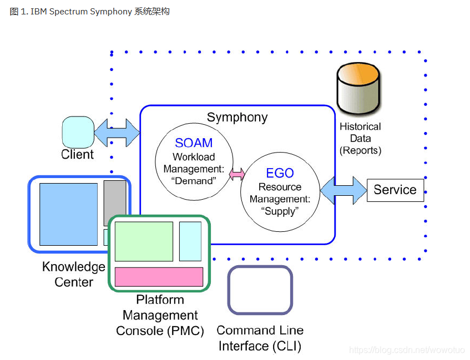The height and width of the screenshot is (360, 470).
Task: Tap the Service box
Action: click(395, 190)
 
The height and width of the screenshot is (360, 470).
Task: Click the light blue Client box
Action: click(78, 132)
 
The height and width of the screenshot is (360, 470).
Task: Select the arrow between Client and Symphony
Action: click(117, 133)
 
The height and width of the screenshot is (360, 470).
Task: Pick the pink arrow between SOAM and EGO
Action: click(237, 174)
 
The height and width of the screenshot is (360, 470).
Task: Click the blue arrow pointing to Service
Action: click(343, 190)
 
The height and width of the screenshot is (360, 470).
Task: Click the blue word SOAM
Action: click(194, 143)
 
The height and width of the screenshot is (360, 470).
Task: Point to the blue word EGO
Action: click(280, 173)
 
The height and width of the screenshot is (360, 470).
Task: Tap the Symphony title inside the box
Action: click(237, 118)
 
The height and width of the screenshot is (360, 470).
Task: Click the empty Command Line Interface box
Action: click(260, 290)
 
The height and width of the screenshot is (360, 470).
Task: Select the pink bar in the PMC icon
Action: click(159, 277)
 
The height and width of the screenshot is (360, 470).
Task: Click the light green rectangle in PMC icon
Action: click(144, 241)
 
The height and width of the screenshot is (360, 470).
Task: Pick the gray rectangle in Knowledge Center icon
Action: click(115, 202)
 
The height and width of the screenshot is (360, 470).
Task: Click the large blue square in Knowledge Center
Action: click(69, 214)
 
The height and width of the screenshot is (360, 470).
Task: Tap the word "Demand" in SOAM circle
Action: click(194, 181)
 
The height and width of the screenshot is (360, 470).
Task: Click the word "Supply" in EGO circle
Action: click(280, 211)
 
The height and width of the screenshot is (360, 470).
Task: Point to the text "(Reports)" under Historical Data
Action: click(360, 150)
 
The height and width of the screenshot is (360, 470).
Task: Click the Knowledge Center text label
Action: click(73, 274)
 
